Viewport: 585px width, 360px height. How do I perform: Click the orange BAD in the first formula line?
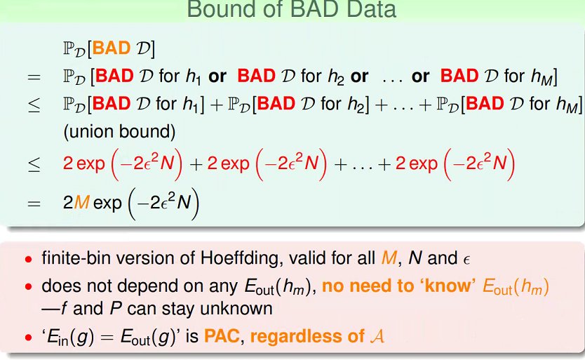click(112, 48)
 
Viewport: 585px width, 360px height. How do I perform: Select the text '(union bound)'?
click(119, 131)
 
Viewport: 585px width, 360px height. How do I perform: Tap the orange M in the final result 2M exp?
click(81, 202)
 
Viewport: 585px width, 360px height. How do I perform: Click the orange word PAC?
click(222, 336)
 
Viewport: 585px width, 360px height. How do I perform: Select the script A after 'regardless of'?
click(377, 336)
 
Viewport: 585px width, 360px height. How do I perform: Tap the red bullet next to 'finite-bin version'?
click(29, 259)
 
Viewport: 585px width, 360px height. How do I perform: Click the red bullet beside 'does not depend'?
click(29, 287)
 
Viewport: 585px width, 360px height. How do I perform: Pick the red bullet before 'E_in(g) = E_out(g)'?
click(29, 338)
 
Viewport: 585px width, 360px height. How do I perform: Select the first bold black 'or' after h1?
click(217, 76)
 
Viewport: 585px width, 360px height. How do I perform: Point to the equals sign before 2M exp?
click(34, 204)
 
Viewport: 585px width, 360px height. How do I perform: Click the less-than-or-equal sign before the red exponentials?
click(34, 164)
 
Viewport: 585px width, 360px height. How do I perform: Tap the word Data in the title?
click(371, 9)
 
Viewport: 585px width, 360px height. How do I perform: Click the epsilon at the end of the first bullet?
click(466, 260)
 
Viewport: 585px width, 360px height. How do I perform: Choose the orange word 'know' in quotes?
click(448, 286)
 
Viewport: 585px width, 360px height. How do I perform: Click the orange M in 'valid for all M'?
click(389, 258)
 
